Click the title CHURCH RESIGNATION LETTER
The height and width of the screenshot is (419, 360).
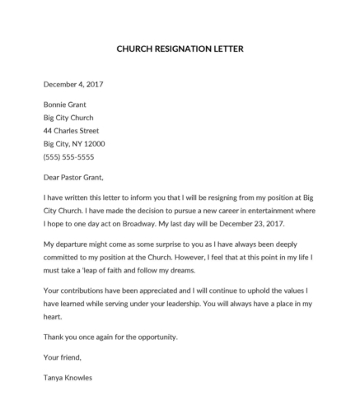(180, 49)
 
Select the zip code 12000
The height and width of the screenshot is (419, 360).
(95, 144)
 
